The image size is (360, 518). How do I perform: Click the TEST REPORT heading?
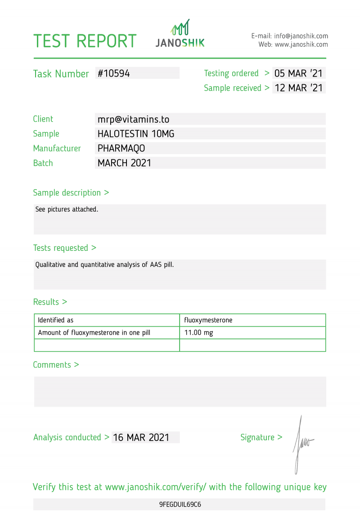(85, 41)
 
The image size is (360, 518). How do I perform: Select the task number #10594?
(114, 73)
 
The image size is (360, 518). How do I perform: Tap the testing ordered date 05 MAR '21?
(298, 73)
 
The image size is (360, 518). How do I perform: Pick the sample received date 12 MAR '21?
(298, 88)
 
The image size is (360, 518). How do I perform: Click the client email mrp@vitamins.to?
(133, 119)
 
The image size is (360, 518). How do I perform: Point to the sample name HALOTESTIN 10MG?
(136, 134)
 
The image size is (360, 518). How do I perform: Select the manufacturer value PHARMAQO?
(121, 148)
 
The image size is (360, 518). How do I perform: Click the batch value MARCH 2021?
(125, 163)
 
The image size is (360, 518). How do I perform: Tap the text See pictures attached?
(67, 209)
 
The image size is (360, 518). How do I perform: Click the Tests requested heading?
(64, 248)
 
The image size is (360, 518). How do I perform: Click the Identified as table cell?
(55, 320)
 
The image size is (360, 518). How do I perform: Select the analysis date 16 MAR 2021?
(141, 437)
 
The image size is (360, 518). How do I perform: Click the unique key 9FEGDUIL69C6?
(180, 504)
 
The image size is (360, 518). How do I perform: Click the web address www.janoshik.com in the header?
(301, 45)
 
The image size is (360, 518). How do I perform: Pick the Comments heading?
(56, 365)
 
